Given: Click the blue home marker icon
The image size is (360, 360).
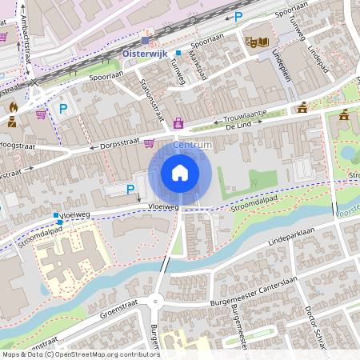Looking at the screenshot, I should tap(180, 173).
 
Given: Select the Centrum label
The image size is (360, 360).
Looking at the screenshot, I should tap(192, 145).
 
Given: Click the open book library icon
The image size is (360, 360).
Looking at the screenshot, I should tap(264, 42).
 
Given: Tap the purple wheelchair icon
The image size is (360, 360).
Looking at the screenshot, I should tap(178, 124).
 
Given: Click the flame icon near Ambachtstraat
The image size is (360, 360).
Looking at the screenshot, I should tap(13, 106).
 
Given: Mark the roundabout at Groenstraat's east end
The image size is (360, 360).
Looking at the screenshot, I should tap(156, 302).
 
